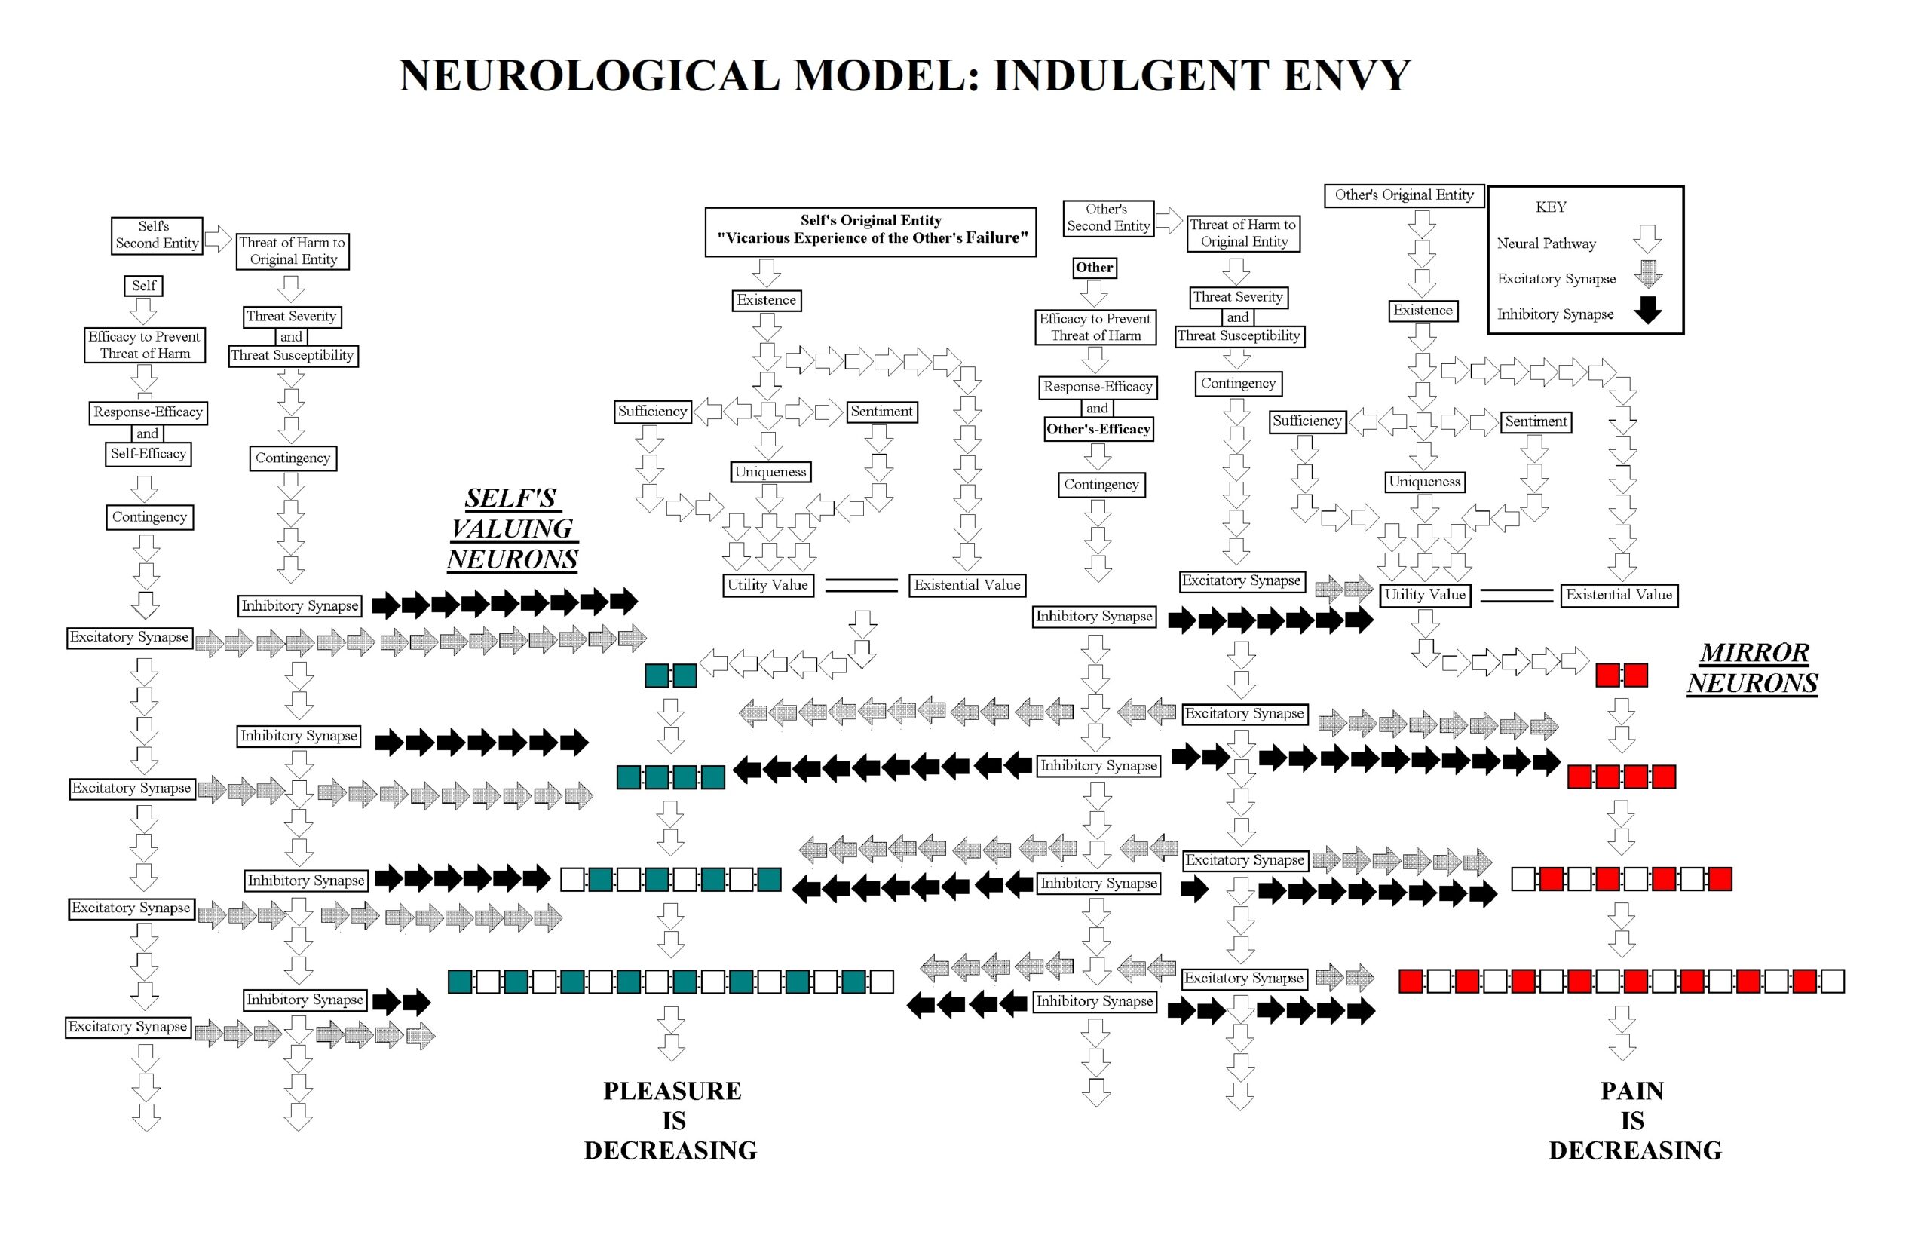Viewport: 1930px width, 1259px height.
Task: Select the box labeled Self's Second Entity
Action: [157, 235]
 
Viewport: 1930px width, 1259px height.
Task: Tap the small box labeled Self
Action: [143, 286]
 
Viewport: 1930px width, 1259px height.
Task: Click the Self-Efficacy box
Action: [149, 454]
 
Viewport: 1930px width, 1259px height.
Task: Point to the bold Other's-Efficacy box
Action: [1098, 430]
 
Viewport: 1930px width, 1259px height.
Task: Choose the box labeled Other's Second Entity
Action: [1107, 218]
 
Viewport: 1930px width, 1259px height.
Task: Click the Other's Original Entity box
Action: [1404, 195]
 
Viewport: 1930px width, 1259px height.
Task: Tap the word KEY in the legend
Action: [1551, 207]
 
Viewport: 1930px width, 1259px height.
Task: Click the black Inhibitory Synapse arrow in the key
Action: [1647, 311]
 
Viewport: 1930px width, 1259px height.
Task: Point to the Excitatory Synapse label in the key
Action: [1555, 279]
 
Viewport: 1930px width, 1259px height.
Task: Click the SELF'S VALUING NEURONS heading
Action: [513, 528]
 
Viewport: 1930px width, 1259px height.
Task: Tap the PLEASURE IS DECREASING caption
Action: [672, 1120]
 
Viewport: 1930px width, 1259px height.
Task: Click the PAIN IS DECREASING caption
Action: [1633, 1120]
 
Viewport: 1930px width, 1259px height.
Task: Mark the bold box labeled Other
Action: [1094, 268]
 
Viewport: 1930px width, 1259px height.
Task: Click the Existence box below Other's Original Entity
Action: [1423, 311]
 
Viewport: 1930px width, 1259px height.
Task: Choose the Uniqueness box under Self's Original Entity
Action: [770, 472]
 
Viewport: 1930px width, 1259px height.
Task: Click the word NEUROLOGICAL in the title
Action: [589, 75]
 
